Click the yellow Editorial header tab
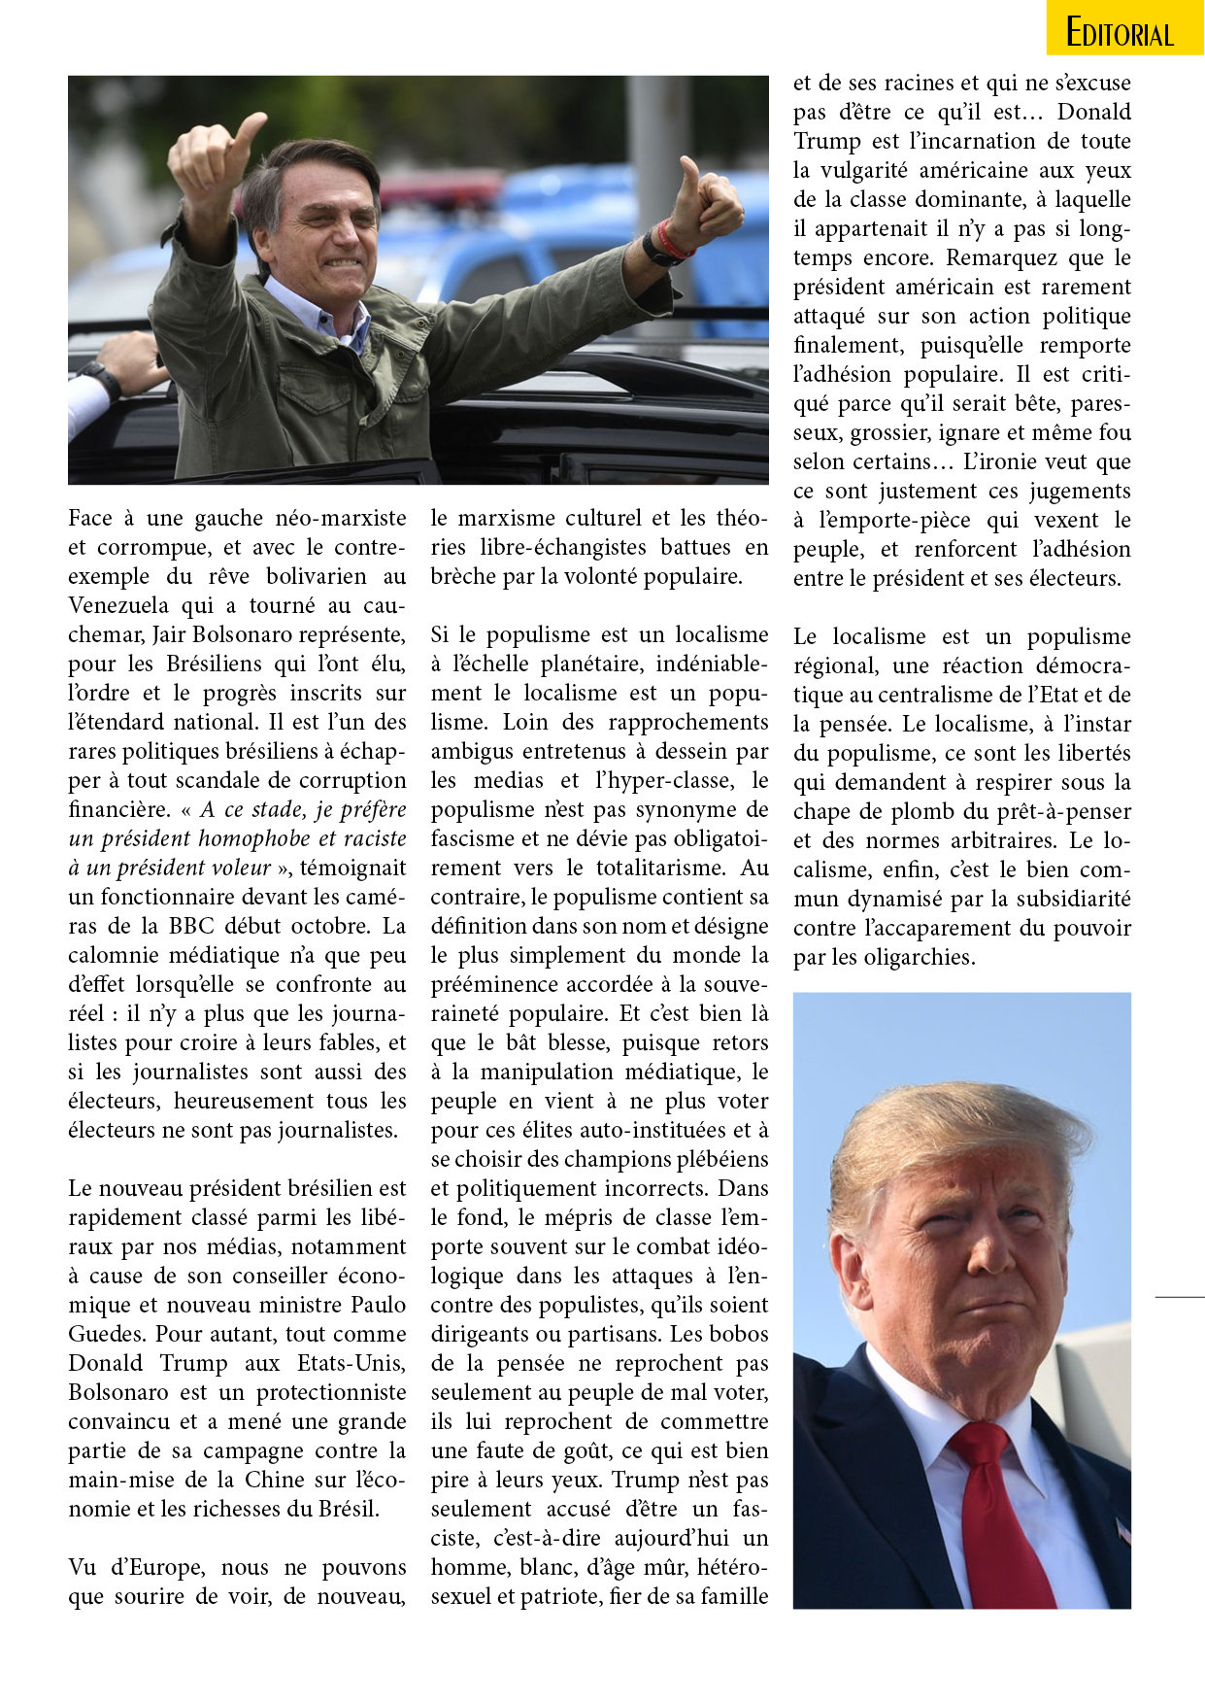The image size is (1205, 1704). [1124, 30]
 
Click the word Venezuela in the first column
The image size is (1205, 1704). [110, 605]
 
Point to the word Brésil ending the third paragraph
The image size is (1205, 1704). [347, 1509]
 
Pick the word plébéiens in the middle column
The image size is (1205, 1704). [719, 1159]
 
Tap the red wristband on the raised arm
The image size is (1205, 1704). [669, 239]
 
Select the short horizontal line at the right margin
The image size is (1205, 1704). [1180, 1296]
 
